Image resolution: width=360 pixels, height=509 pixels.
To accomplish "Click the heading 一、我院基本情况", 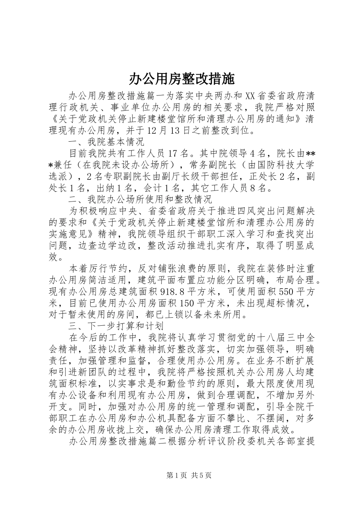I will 106,143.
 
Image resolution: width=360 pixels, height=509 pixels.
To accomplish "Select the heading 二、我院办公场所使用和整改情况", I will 140,199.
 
